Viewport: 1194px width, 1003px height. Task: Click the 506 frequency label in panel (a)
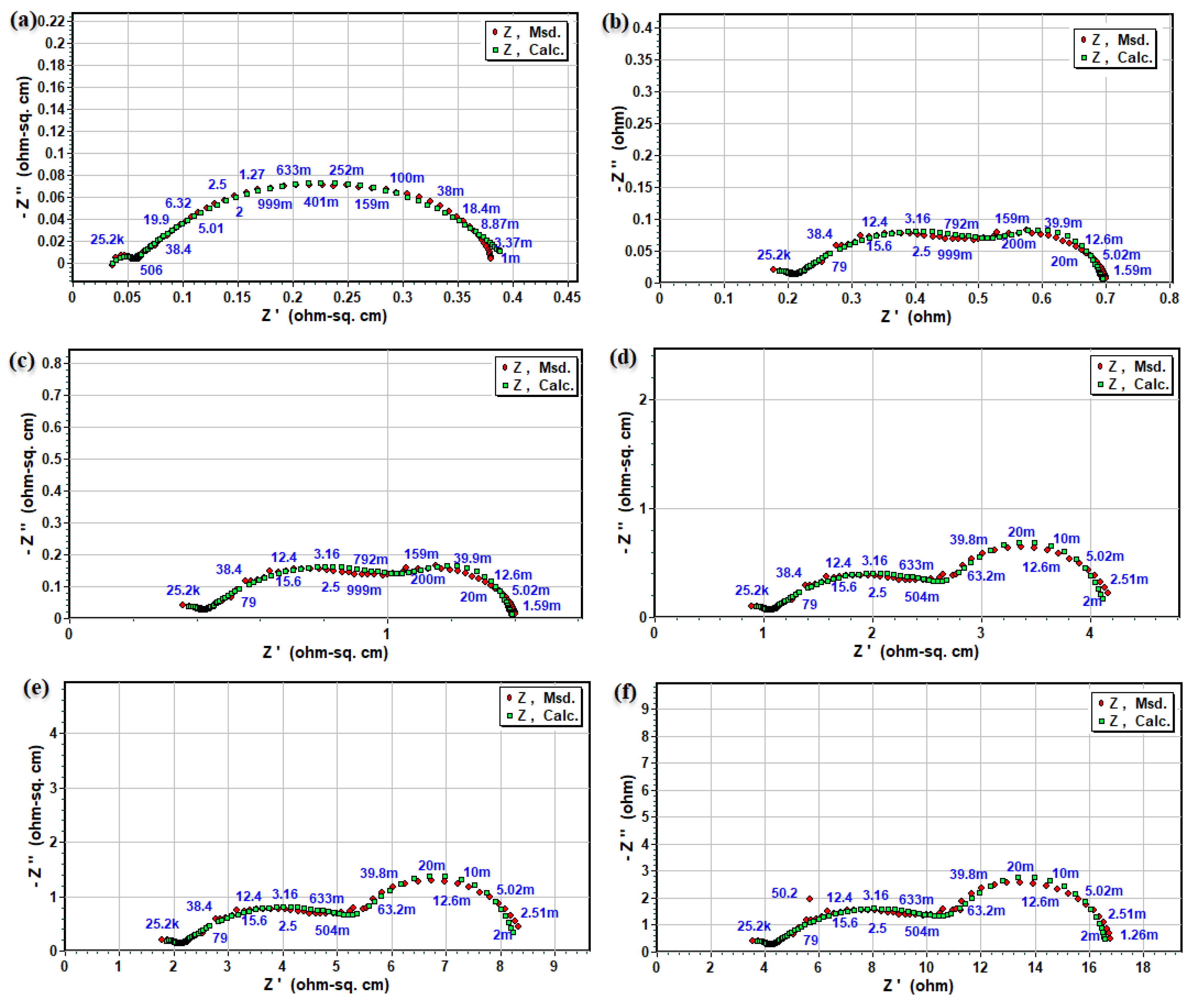(151, 270)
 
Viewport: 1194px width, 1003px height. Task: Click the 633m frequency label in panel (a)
(293, 170)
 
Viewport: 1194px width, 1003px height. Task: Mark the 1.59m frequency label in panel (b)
(1132, 271)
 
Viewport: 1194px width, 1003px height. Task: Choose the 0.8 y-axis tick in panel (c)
(52, 363)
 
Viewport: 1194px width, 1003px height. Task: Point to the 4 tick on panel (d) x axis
(1090, 632)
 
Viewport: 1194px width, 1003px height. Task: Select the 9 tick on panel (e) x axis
(554, 966)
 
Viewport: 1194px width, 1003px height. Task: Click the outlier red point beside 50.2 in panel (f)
(810, 899)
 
